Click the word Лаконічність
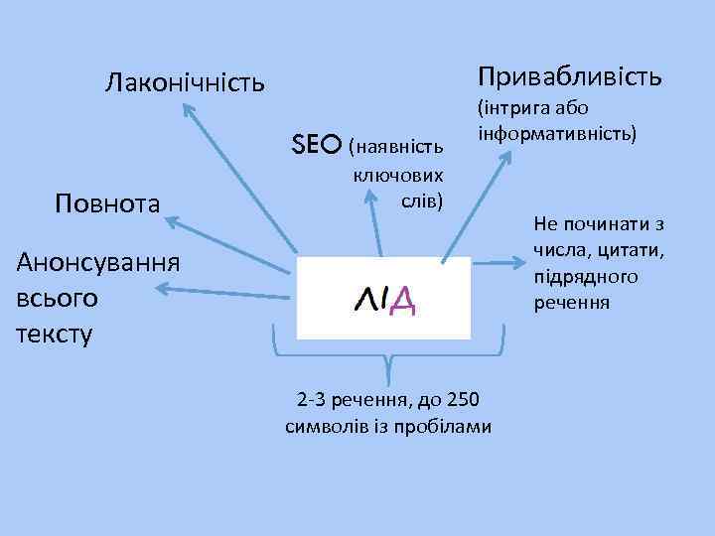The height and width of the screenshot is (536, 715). tap(185, 81)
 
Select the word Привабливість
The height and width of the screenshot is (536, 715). tap(569, 76)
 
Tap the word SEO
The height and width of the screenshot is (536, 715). tap(318, 145)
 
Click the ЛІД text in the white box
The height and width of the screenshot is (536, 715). tap(384, 299)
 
